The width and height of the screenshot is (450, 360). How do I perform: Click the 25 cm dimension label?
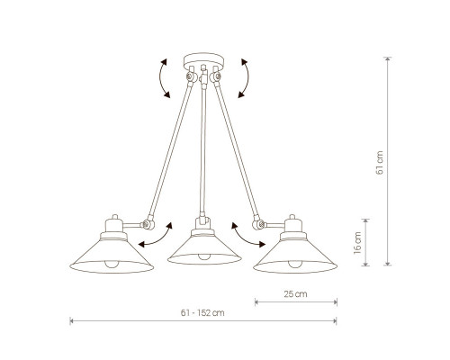(x=295, y=294)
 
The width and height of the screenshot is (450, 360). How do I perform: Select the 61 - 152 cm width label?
(x=202, y=313)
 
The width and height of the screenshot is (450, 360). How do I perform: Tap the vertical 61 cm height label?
(x=380, y=163)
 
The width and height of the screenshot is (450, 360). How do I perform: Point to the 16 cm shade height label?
(x=357, y=243)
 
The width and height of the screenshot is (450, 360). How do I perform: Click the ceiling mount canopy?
(x=203, y=60)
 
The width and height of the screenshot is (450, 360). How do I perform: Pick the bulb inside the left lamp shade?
(x=112, y=264)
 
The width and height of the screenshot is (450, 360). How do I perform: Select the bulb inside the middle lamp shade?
(x=204, y=256)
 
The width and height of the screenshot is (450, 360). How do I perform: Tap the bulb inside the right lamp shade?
(x=295, y=264)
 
